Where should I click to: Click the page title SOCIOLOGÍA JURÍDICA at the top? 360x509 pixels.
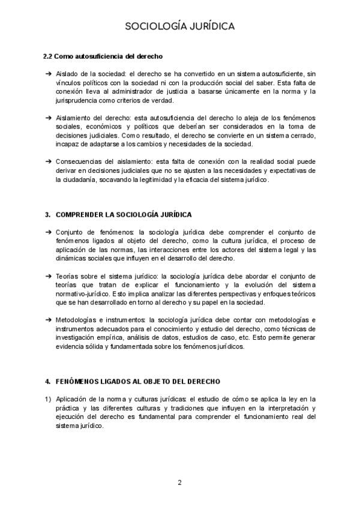click(x=179, y=26)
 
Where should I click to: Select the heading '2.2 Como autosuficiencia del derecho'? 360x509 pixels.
click(x=103, y=56)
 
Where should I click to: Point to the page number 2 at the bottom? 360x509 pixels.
click(x=179, y=482)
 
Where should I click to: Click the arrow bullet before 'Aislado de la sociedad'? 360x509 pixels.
click(x=48, y=73)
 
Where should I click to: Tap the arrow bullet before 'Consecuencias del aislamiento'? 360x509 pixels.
click(x=48, y=161)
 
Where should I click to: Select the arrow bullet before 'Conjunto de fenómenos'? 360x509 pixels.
click(x=48, y=232)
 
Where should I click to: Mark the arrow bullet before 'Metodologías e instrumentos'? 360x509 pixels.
click(x=48, y=320)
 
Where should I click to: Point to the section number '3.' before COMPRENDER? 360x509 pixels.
click(x=47, y=215)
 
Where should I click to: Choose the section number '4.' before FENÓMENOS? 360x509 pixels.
click(x=47, y=381)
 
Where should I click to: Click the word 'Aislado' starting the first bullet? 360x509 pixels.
click(x=67, y=73)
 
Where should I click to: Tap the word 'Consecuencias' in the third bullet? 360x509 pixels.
click(x=76, y=161)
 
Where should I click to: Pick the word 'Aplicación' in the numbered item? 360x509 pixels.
click(x=71, y=399)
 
